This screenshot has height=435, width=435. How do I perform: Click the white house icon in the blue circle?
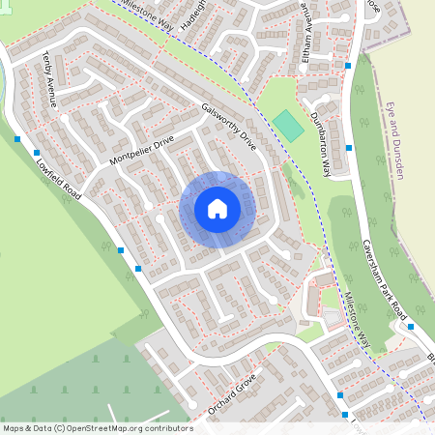coord(217,208)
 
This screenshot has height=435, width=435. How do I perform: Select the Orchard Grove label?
coord(233,394)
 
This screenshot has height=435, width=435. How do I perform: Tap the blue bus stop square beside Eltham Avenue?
coord(348,66)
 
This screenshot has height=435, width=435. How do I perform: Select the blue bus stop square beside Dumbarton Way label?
coord(348,148)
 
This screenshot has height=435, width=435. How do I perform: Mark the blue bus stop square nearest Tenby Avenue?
coord(18,139)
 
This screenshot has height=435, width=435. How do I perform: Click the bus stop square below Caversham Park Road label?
coord(411,326)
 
